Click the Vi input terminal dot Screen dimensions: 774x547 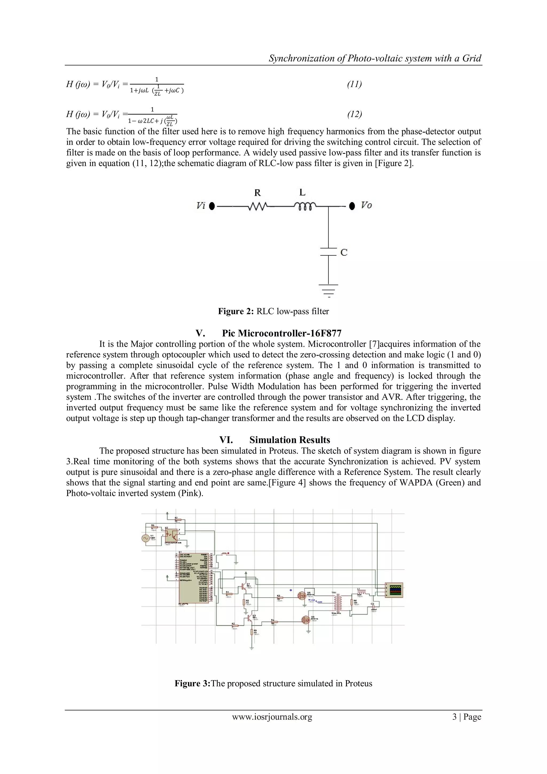212,206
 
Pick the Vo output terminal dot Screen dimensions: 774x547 352,206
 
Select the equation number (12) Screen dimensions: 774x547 354,114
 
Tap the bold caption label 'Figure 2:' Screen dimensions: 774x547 236,311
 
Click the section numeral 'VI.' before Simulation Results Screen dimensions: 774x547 226,440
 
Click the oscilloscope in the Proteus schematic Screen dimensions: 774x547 394,590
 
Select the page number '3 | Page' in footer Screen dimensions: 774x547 467,717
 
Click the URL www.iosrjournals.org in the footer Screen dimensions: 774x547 272,717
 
